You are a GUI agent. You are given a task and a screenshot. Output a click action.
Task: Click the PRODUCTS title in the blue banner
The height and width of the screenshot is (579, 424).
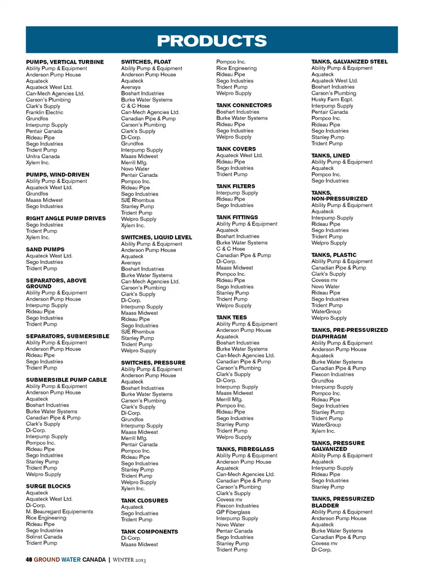(212, 41)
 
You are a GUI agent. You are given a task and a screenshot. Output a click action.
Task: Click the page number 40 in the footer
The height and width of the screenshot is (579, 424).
(29, 560)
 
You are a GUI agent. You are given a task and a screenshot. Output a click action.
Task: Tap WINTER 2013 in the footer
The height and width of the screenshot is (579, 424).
(129, 560)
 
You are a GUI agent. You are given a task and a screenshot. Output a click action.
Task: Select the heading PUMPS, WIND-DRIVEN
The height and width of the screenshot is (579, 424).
(57, 175)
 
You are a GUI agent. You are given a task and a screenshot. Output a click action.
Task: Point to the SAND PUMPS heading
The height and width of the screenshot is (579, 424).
(45, 249)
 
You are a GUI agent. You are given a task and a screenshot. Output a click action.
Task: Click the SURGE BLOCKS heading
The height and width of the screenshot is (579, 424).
(48, 486)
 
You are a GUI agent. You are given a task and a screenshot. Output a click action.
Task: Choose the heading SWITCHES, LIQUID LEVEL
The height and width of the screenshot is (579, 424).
(156, 237)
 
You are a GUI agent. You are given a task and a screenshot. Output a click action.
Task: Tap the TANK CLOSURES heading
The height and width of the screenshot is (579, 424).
(144, 501)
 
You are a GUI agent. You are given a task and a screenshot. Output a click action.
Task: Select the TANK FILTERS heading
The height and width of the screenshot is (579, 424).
(235, 187)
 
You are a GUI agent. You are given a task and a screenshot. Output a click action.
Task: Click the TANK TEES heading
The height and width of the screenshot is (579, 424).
(231, 317)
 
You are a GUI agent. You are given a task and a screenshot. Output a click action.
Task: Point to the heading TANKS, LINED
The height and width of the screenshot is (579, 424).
(330, 156)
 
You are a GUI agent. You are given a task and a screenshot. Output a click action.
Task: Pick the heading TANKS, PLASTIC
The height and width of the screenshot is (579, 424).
(333, 255)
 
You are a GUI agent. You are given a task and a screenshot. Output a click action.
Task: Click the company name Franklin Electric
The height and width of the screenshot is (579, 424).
(45, 112)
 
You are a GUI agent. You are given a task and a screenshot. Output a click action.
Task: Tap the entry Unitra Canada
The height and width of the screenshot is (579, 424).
(43, 156)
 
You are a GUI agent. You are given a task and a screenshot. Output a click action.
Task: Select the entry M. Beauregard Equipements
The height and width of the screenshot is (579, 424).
(60, 511)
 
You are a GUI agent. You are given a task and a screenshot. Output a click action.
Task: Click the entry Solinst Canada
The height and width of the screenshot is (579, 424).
(44, 537)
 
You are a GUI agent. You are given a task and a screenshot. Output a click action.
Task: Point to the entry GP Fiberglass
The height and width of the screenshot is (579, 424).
(233, 512)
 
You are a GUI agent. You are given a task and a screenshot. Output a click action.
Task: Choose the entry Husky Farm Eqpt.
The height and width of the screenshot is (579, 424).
(332, 99)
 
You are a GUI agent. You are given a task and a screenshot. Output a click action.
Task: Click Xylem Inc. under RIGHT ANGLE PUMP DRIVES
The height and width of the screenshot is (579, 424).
(38, 237)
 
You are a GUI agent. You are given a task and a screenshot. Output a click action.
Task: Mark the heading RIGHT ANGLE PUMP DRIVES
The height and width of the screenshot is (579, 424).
(66, 218)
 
